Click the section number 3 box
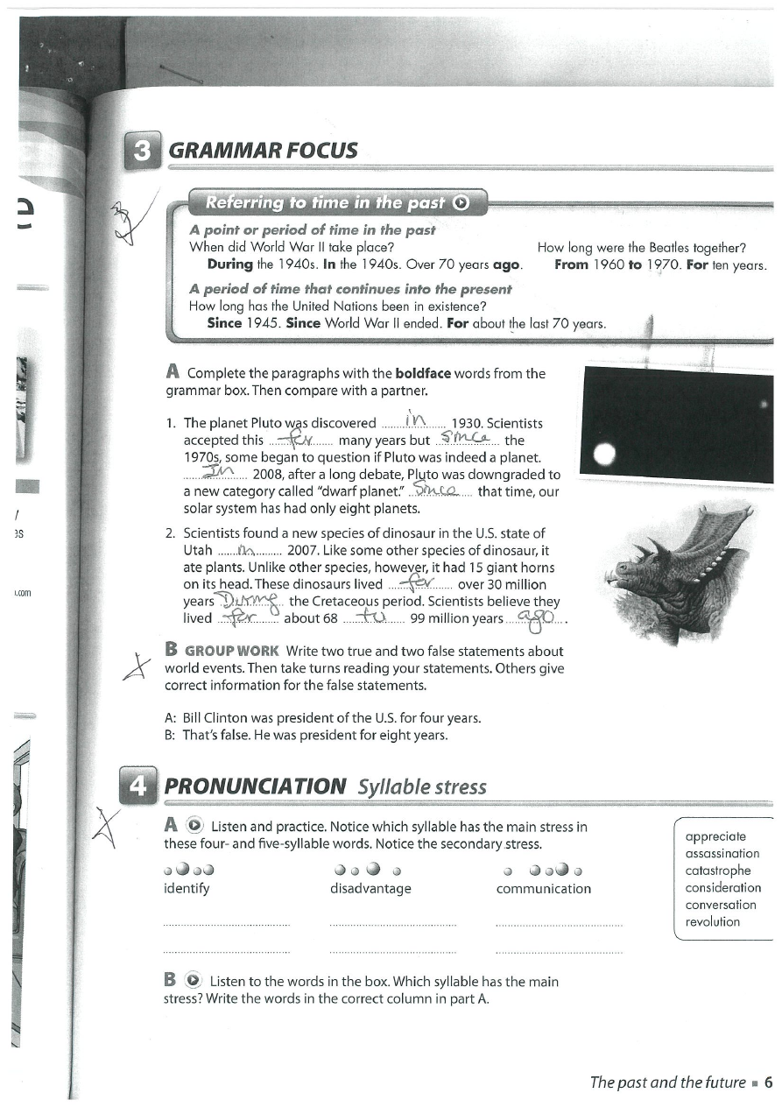click(x=140, y=150)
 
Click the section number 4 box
click(x=138, y=785)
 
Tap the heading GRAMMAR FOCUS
click(x=263, y=151)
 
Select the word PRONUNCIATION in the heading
click(x=255, y=786)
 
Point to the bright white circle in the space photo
click(x=603, y=454)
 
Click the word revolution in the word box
click(x=713, y=922)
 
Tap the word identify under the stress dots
click(x=187, y=888)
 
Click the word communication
click(x=543, y=888)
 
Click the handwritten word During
click(x=250, y=600)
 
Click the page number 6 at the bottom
click(x=768, y=1082)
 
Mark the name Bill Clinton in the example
click(x=213, y=718)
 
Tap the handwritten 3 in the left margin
click(x=123, y=219)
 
